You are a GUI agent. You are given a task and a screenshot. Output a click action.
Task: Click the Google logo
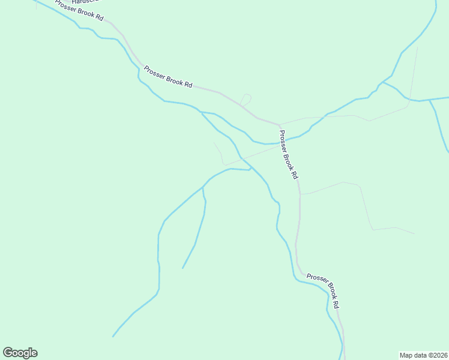coord(20,353)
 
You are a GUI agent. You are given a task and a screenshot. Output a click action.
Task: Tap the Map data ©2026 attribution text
coord(423,355)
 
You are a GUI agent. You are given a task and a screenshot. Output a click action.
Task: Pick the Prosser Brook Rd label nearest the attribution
coord(324,291)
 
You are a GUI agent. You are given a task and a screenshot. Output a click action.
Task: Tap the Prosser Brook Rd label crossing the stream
coord(289,155)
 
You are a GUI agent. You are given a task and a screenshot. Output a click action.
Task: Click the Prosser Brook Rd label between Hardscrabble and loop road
coord(167,76)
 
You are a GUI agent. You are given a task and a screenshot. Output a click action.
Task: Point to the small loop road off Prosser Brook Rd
coord(246,99)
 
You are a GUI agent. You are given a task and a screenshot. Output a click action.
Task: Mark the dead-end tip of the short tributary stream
coord(182,268)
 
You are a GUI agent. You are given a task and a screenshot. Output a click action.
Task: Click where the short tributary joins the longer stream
coord(203,188)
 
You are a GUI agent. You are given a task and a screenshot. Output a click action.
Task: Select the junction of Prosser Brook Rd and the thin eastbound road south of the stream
coord(300,194)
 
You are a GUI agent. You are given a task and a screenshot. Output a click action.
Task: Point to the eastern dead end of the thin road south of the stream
coord(414,233)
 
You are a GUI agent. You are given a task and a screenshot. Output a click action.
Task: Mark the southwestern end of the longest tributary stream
coord(113,337)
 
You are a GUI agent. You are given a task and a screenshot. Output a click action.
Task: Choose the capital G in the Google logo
coord(8,353)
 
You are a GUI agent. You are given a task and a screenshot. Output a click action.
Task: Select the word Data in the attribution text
coord(421,355)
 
